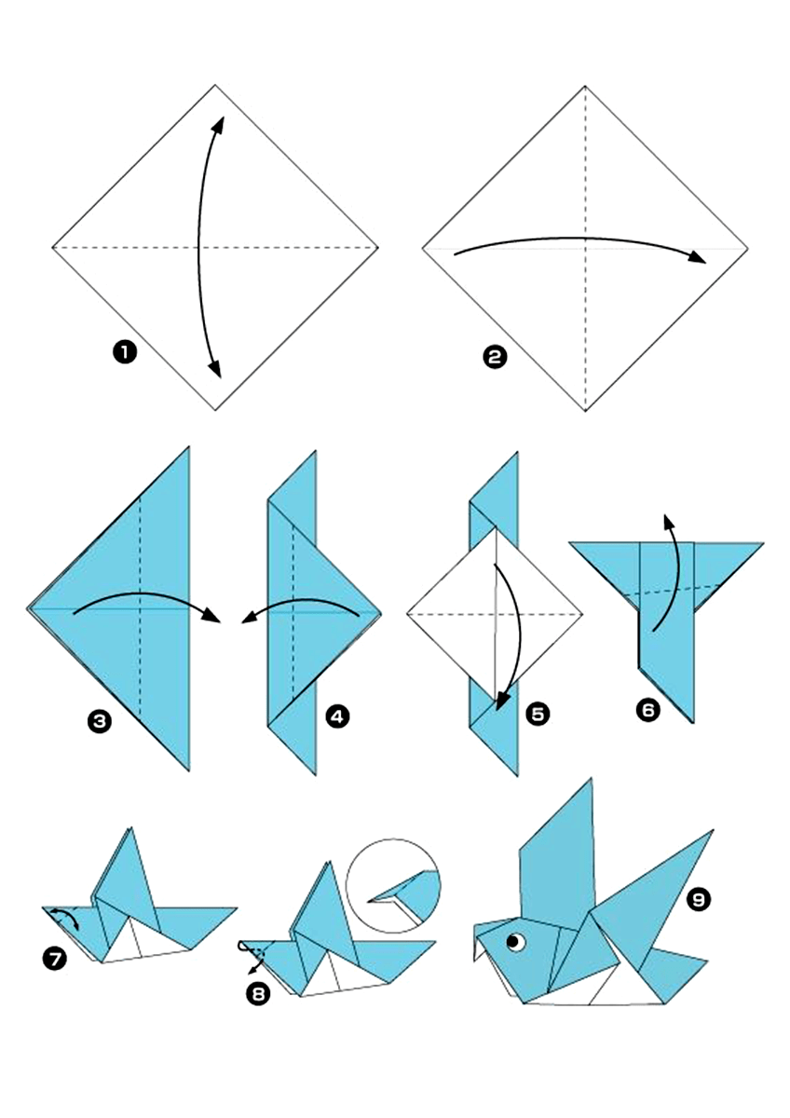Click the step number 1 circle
click(x=124, y=353)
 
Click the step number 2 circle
click(x=495, y=357)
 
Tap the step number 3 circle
click(x=99, y=721)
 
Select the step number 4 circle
click(x=338, y=716)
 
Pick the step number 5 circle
click(x=538, y=715)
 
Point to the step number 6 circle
click(x=647, y=709)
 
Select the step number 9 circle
click(x=699, y=899)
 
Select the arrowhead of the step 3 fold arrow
click(x=211, y=617)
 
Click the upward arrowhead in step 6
click(x=668, y=523)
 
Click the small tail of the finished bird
click(x=672, y=975)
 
